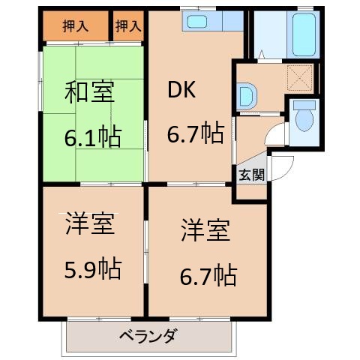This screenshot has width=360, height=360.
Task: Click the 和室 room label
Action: point(91,96)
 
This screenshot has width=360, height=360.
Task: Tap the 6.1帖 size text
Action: point(91,139)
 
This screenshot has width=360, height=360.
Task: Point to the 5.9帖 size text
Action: point(91,268)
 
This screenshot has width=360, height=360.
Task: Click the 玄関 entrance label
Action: point(250,175)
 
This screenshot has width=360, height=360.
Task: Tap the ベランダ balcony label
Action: point(147,335)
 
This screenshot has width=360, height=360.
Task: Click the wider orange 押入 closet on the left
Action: point(76,26)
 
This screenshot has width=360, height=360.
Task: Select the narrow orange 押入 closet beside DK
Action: point(128,26)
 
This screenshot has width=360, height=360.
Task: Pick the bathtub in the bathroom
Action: point(302,35)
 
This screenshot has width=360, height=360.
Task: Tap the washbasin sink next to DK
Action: point(247,96)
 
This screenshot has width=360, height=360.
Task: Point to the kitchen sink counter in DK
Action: point(203,22)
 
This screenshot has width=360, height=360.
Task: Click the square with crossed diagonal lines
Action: point(300,75)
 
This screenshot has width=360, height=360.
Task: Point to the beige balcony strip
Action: point(147,335)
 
